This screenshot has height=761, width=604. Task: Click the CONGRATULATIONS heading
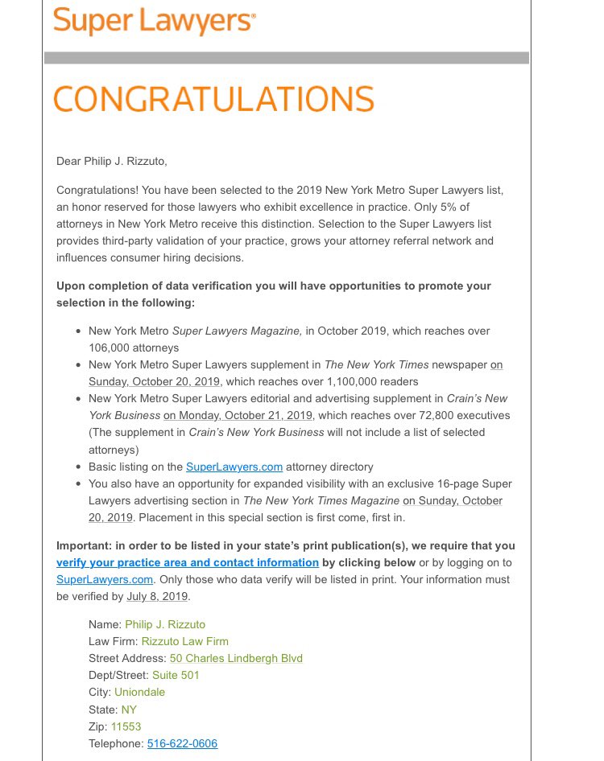pos(213,99)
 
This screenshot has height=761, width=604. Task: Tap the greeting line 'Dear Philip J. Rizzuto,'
pos(112,161)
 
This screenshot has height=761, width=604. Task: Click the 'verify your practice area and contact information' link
pos(188,562)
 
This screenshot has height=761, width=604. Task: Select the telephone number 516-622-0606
pos(182,743)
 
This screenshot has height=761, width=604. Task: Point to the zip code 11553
pos(126,726)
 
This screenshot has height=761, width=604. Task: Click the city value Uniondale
pos(139,692)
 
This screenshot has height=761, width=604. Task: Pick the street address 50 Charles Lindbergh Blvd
pos(236,658)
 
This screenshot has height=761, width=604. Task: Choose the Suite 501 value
pos(176,675)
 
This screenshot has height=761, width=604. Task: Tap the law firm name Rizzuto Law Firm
pos(184,641)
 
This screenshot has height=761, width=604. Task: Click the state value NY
pos(129,710)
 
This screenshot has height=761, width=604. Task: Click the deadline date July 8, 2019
pos(157,596)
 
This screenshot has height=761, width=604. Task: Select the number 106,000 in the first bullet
pos(110,348)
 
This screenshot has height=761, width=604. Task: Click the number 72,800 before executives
pos(432,415)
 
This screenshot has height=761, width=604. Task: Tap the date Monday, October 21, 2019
pos(238,415)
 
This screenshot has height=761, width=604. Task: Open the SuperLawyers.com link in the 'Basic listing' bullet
pos(234,467)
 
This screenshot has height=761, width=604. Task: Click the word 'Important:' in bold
pos(84,545)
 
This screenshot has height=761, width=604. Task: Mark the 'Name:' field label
pos(105,624)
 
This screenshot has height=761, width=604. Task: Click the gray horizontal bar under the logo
pos(286,58)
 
